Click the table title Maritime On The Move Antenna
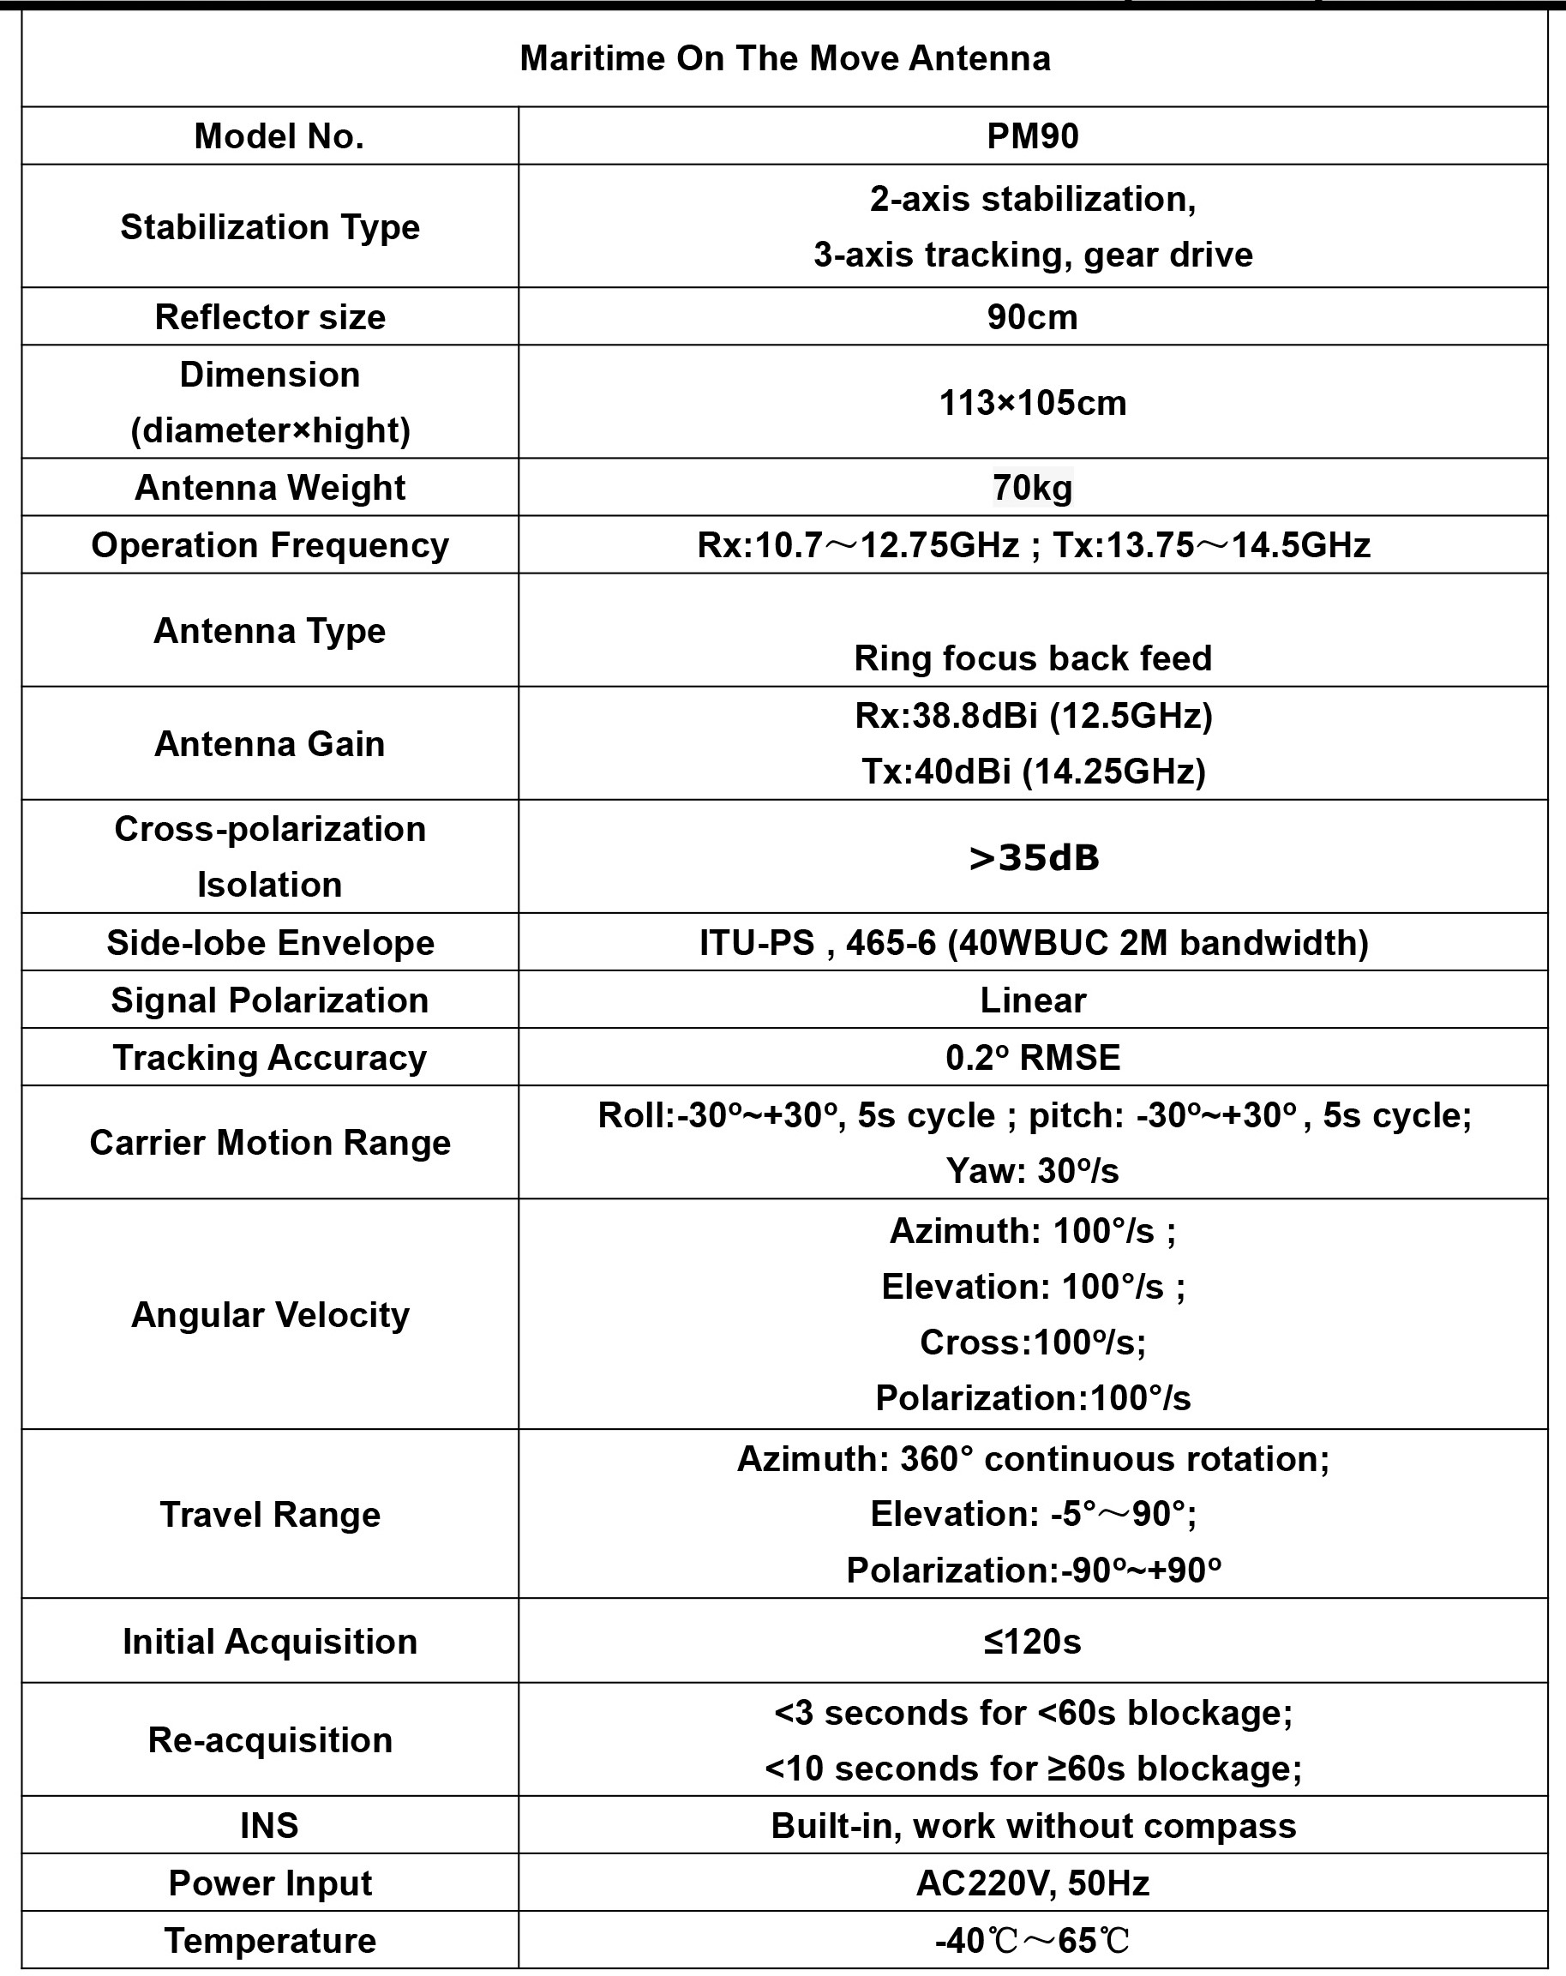point(784,58)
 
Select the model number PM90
point(1032,135)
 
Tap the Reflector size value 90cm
point(1032,317)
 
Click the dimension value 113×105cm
point(1032,402)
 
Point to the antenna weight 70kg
point(1032,488)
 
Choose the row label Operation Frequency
point(269,545)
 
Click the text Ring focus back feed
point(1032,658)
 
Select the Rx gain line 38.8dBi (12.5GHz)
point(1033,716)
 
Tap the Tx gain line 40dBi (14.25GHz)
point(1033,772)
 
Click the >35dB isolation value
point(1033,858)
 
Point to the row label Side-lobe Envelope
point(269,943)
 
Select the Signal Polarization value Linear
point(1032,1000)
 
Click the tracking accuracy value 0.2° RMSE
point(1032,1058)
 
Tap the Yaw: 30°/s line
point(1032,1171)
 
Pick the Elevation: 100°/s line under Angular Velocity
point(1032,1287)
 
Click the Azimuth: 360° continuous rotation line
point(1032,1459)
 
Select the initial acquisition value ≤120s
point(1032,1642)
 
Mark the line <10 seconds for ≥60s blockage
point(1032,1769)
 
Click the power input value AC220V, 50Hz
point(1032,1883)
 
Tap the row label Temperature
point(269,1941)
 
